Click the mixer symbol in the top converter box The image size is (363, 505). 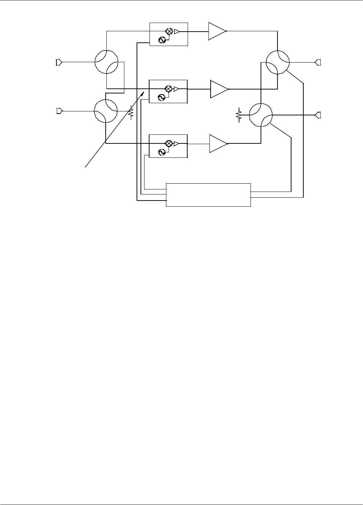[168, 31]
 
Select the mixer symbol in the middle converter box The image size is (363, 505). [168, 89]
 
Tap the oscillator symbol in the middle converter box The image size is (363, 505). [162, 97]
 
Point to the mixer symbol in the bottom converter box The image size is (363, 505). [168, 143]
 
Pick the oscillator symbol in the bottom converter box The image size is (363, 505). [162, 152]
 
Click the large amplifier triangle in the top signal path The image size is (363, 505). [216, 31]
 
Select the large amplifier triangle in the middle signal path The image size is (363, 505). [218, 89]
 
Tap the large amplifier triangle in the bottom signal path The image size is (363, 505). [217, 143]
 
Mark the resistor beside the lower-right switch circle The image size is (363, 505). [238, 115]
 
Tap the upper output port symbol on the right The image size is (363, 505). [318, 62]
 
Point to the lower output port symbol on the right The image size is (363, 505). [318, 115]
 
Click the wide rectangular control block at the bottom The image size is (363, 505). [208, 195]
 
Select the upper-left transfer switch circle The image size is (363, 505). [107, 62]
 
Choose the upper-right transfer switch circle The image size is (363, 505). [277, 62]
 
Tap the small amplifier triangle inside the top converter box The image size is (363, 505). [176, 31]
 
